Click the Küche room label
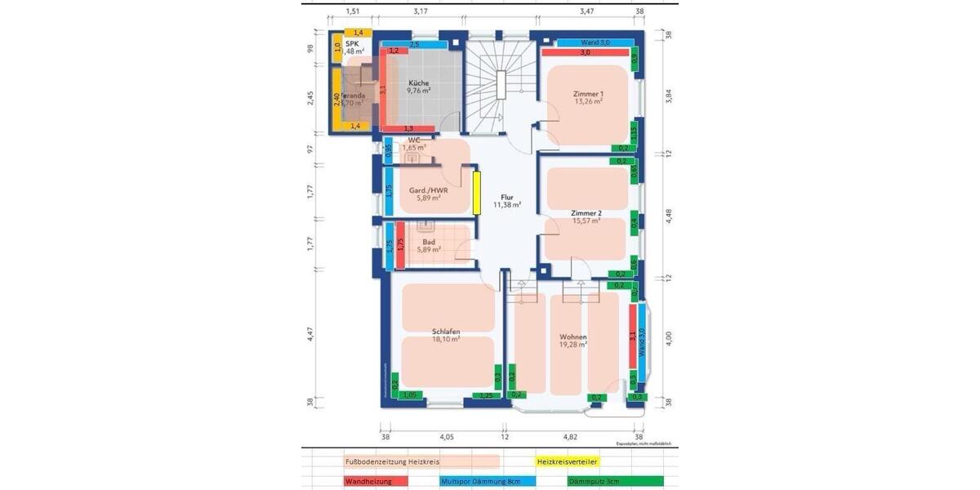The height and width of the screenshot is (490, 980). pos(418,82)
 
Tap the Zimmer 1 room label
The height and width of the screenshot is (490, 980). pos(588,94)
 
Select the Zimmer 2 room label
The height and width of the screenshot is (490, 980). pos(586,212)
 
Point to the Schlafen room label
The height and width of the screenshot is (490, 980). pos(447,332)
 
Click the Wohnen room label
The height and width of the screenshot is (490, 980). pos(573,336)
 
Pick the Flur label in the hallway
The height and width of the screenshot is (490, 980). pos(507,197)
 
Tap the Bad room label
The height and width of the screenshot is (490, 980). pos(429,242)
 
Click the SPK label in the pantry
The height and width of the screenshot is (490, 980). pos(352,44)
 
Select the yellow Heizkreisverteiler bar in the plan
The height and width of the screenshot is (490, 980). pos(475,192)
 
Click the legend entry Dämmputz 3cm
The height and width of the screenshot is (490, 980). pos(593,482)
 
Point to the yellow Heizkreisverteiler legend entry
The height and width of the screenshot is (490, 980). pos(567,461)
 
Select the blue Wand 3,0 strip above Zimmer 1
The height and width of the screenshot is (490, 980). pos(595,42)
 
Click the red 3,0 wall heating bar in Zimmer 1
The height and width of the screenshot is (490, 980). pos(585,52)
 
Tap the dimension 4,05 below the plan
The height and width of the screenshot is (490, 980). pos(447,437)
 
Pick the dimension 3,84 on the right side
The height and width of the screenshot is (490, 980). pos(669,96)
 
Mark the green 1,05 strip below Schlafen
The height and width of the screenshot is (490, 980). pos(411,395)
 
